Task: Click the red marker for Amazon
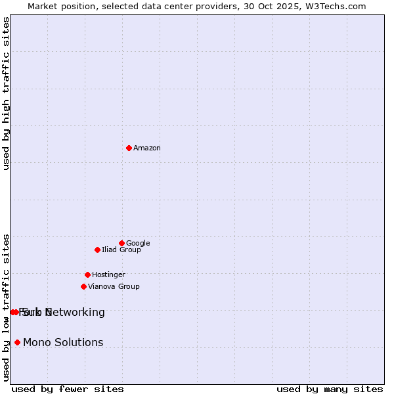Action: (129, 148)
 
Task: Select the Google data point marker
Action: (121, 243)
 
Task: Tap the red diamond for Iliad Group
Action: (97, 250)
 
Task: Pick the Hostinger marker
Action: (87, 274)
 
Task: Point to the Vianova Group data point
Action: (83, 286)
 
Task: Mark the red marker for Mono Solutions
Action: (17, 342)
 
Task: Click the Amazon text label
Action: (147, 148)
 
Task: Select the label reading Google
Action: (138, 244)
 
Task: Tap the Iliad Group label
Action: (121, 250)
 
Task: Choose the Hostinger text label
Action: (108, 275)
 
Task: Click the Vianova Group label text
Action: (114, 287)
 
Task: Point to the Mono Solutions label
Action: (63, 343)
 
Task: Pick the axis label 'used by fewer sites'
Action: (68, 389)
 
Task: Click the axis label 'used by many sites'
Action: (330, 389)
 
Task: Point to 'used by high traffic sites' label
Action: (7, 93)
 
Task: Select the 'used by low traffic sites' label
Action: (7, 307)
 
